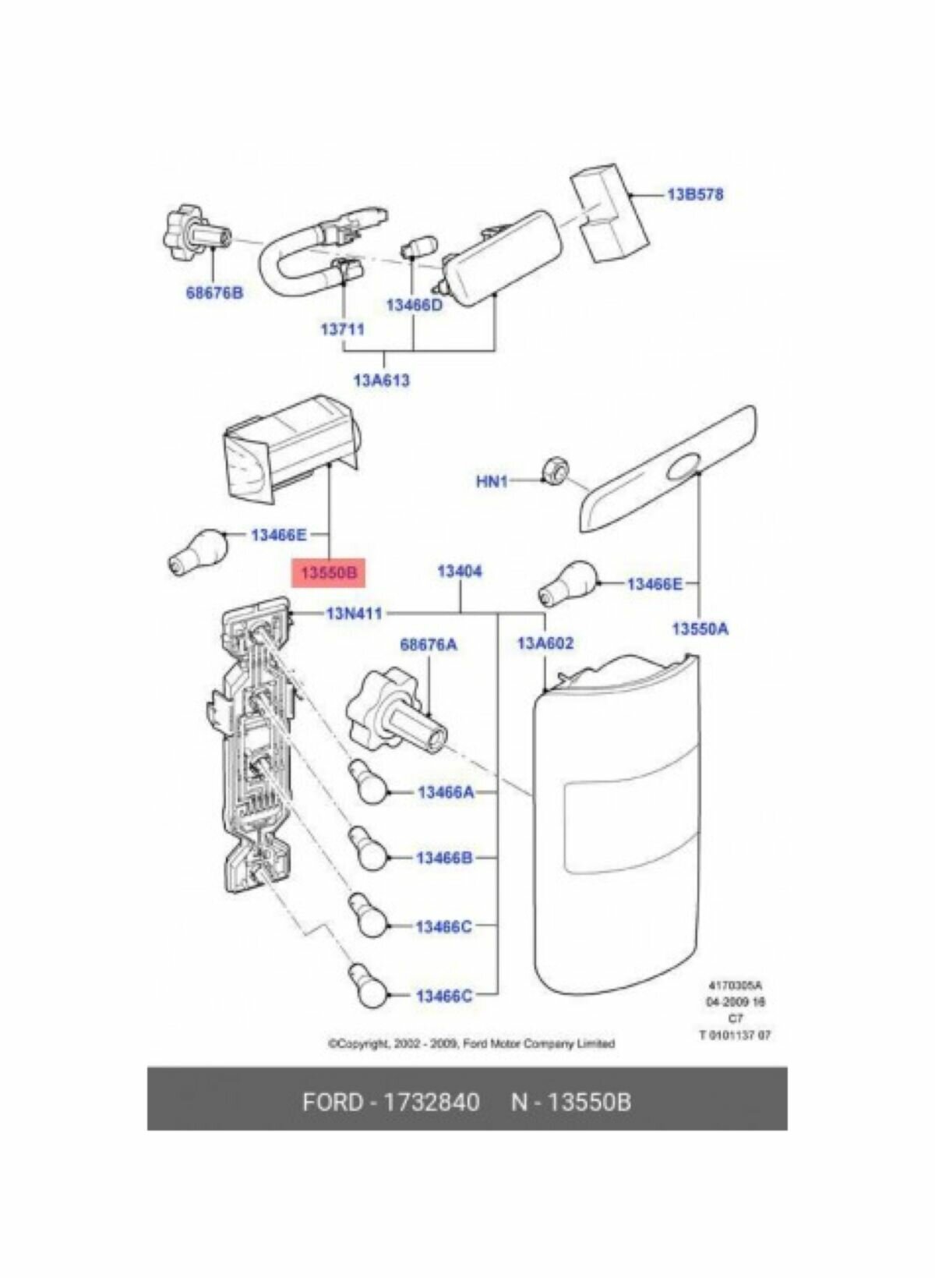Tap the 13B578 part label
point(694,194)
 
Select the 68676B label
point(214,293)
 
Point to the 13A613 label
point(381,381)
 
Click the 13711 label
point(342,329)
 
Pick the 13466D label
point(414,305)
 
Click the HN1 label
point(492,482)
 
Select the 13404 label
point(460,572)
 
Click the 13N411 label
point(355,614)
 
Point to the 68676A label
point(429,645)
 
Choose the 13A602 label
point(545,643)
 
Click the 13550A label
point(700,628)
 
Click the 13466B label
point(444,858)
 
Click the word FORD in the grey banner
point(333,1102)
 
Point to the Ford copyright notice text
point(471,1043)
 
